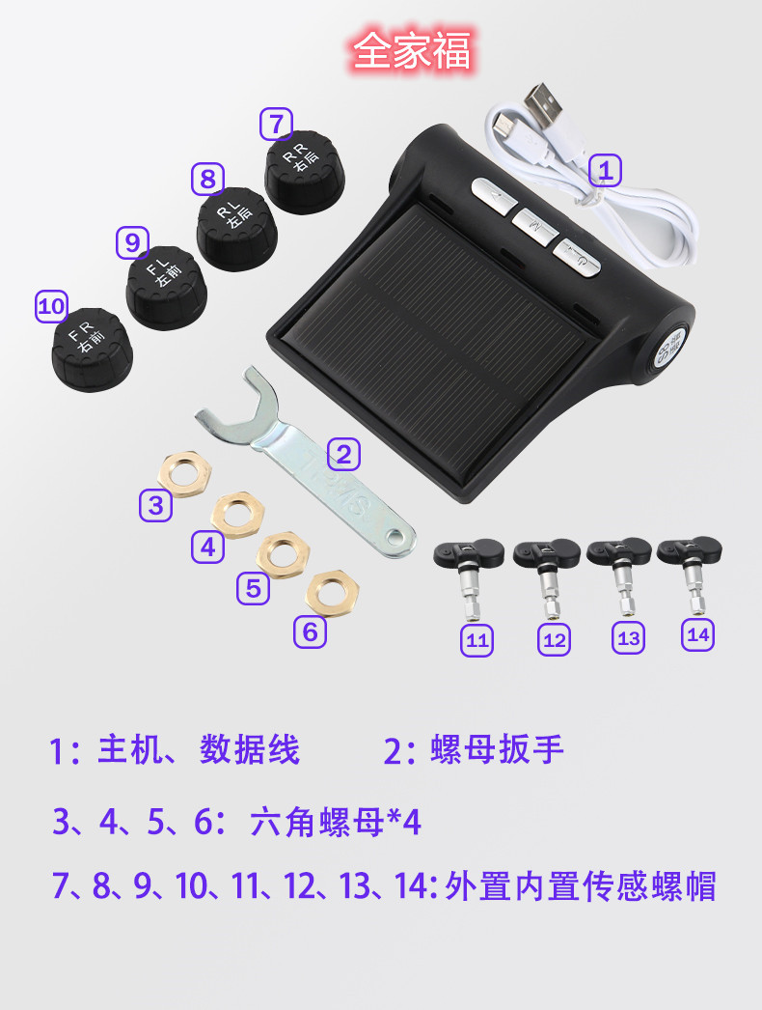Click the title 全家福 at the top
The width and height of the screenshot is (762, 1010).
tap(412, 51)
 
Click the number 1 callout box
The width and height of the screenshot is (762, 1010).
tap(605, 171)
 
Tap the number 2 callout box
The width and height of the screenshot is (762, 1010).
tap(344, 453)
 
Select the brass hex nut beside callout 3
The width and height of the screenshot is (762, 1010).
tap(184, 472)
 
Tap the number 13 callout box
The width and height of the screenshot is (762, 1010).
tap(628, 637)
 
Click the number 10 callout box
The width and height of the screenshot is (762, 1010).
tap(51, 307)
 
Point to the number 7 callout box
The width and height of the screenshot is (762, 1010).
tap(276, 125)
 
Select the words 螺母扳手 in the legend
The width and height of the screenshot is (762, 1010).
tap(496, 750)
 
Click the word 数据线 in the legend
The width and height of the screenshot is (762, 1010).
tap(250, 750)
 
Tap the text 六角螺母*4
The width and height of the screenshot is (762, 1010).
tap(336, 823)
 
